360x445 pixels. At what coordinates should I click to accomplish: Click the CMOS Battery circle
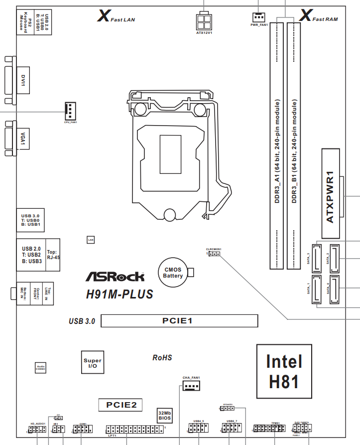point(173,272)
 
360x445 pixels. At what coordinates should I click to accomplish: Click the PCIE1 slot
point(179,321)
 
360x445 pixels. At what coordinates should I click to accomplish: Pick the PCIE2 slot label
point(121,405)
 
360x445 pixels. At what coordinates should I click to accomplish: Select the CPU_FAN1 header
point(71,110)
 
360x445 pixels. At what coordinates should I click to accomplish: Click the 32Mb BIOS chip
point(165,416)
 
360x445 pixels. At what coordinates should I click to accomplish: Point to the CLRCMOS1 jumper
point(214,254)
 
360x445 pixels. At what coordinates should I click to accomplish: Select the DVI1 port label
point(22,80)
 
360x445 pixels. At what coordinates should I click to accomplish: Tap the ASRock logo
point(116,276)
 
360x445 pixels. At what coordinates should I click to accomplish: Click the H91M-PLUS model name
point(120,295)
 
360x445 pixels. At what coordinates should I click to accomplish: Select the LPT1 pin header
point(134,430)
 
